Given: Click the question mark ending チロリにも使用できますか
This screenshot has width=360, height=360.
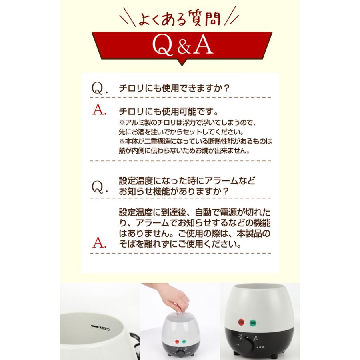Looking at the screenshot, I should (x=226, y=89).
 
